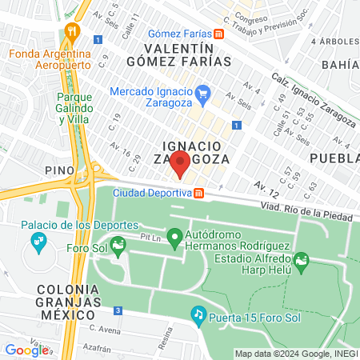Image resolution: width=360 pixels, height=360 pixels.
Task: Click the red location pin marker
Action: point(181,163)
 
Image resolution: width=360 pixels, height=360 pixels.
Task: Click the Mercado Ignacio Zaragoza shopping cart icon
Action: point(203,92)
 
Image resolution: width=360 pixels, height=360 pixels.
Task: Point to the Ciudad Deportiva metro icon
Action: point(198,193)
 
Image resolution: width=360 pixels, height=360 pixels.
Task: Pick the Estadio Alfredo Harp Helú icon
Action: point(301,259)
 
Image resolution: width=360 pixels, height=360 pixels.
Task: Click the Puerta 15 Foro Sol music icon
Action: point(198,315)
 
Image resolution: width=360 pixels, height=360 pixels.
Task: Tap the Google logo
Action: point(26,350)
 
